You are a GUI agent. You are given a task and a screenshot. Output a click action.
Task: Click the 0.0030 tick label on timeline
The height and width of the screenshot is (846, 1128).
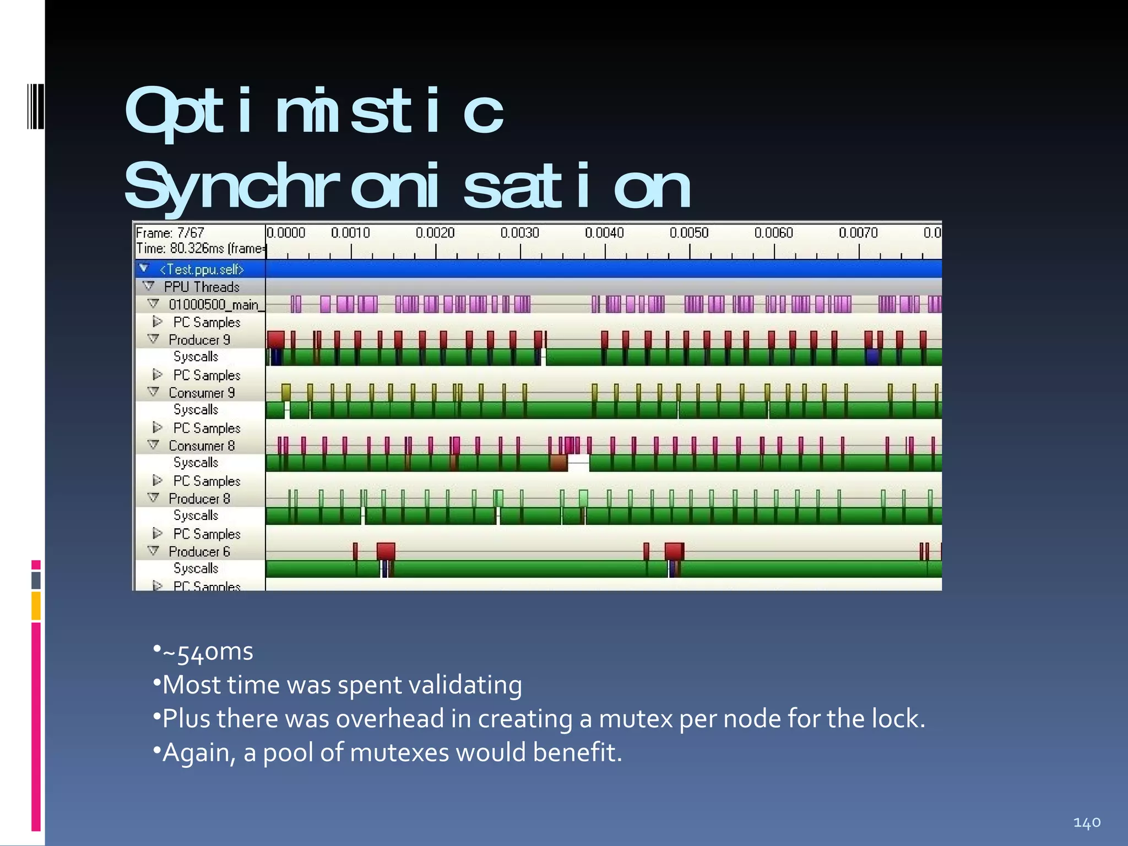[x=519, y=233]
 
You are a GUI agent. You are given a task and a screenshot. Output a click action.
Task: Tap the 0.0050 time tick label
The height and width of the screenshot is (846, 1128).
[x=688, y=233]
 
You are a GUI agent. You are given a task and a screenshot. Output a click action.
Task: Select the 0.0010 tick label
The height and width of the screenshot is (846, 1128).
[x=350, y=233]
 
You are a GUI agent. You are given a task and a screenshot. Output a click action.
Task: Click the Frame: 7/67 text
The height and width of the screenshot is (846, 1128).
[x=170, y=233]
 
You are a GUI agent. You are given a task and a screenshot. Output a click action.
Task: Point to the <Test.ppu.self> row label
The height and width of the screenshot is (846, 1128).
[x=201, y=269]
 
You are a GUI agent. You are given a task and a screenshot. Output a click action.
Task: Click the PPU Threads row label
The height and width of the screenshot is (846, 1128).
[x=202, y=287]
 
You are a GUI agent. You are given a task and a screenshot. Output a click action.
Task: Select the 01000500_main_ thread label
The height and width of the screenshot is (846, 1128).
[x=214, y=305]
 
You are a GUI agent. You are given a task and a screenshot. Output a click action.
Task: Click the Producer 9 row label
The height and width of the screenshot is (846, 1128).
[x=199, y=340]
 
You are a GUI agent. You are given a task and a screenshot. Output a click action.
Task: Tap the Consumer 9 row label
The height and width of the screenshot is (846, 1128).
[x=202, y=393]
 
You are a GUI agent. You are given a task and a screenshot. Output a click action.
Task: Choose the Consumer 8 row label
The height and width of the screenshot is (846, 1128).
[x=202, y=446]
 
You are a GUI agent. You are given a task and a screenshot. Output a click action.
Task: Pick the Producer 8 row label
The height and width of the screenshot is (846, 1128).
[x=199, y=498]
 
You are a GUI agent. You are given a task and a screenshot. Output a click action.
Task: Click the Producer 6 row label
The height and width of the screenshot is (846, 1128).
[x=199, y=551]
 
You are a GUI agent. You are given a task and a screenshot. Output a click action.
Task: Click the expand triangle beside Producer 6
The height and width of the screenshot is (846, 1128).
[x=154, y=551]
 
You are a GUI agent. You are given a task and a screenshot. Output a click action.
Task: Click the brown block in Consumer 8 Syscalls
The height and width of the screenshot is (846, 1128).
[x=558, y=463]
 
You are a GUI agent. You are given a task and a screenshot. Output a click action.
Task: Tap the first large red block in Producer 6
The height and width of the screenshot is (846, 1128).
[x=386, y=551]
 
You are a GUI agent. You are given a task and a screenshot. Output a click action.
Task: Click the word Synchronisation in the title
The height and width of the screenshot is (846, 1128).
[x=408, y=187]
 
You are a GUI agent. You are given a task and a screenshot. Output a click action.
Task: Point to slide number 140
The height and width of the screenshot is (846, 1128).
[x=1087, y=823]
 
